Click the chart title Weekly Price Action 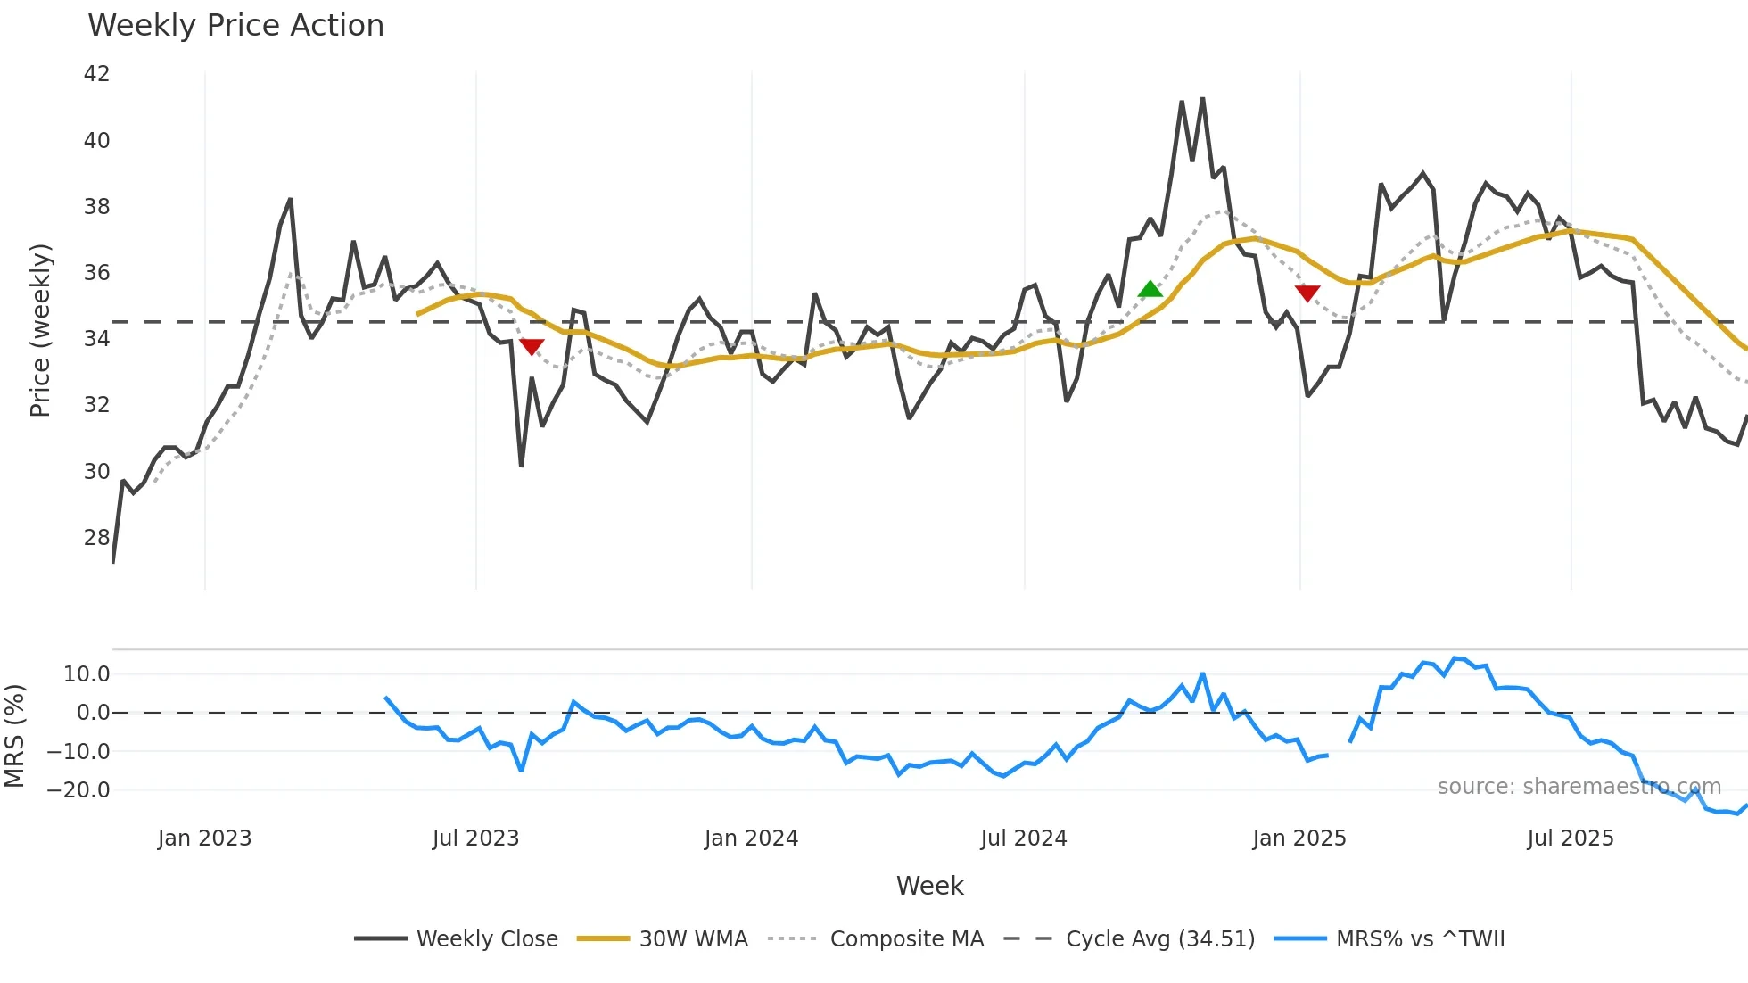tap(235, 26)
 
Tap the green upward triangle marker tap(1150, 289)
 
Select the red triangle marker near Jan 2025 tap(1307, 293)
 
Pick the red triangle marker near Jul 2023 tap(532, 346)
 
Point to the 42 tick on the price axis tap(96, 74)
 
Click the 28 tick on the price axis tap(96, 538)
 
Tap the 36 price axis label tap(96, 273)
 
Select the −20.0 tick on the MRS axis tap(78, 790)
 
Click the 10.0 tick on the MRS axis tap(87, 674)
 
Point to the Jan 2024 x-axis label tap(751, 838)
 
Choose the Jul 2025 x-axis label tap(1570, 838)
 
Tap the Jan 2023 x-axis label tap(204, 838)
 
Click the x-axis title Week tap(929, 886)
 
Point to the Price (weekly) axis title tap(41, 330)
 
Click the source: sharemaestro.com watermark tap(1579, 787)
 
